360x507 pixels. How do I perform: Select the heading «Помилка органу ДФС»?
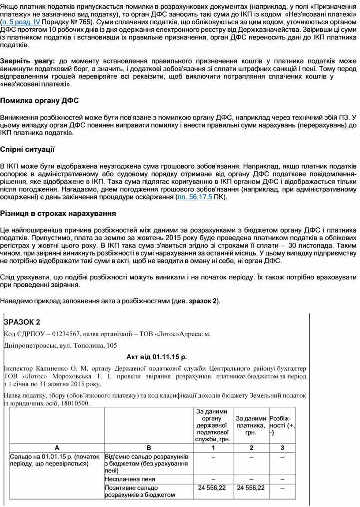(39, 101)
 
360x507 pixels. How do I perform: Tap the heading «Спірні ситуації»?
(27, 150)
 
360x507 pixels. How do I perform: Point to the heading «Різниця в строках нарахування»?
(58, 214)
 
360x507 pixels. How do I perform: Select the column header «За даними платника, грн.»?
(251, 424)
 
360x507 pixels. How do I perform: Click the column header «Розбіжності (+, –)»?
(282, 425)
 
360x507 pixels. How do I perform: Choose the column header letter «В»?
(148, 448)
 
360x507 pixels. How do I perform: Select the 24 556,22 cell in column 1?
(212, 488)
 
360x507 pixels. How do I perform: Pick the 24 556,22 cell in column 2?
(251, 488)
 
